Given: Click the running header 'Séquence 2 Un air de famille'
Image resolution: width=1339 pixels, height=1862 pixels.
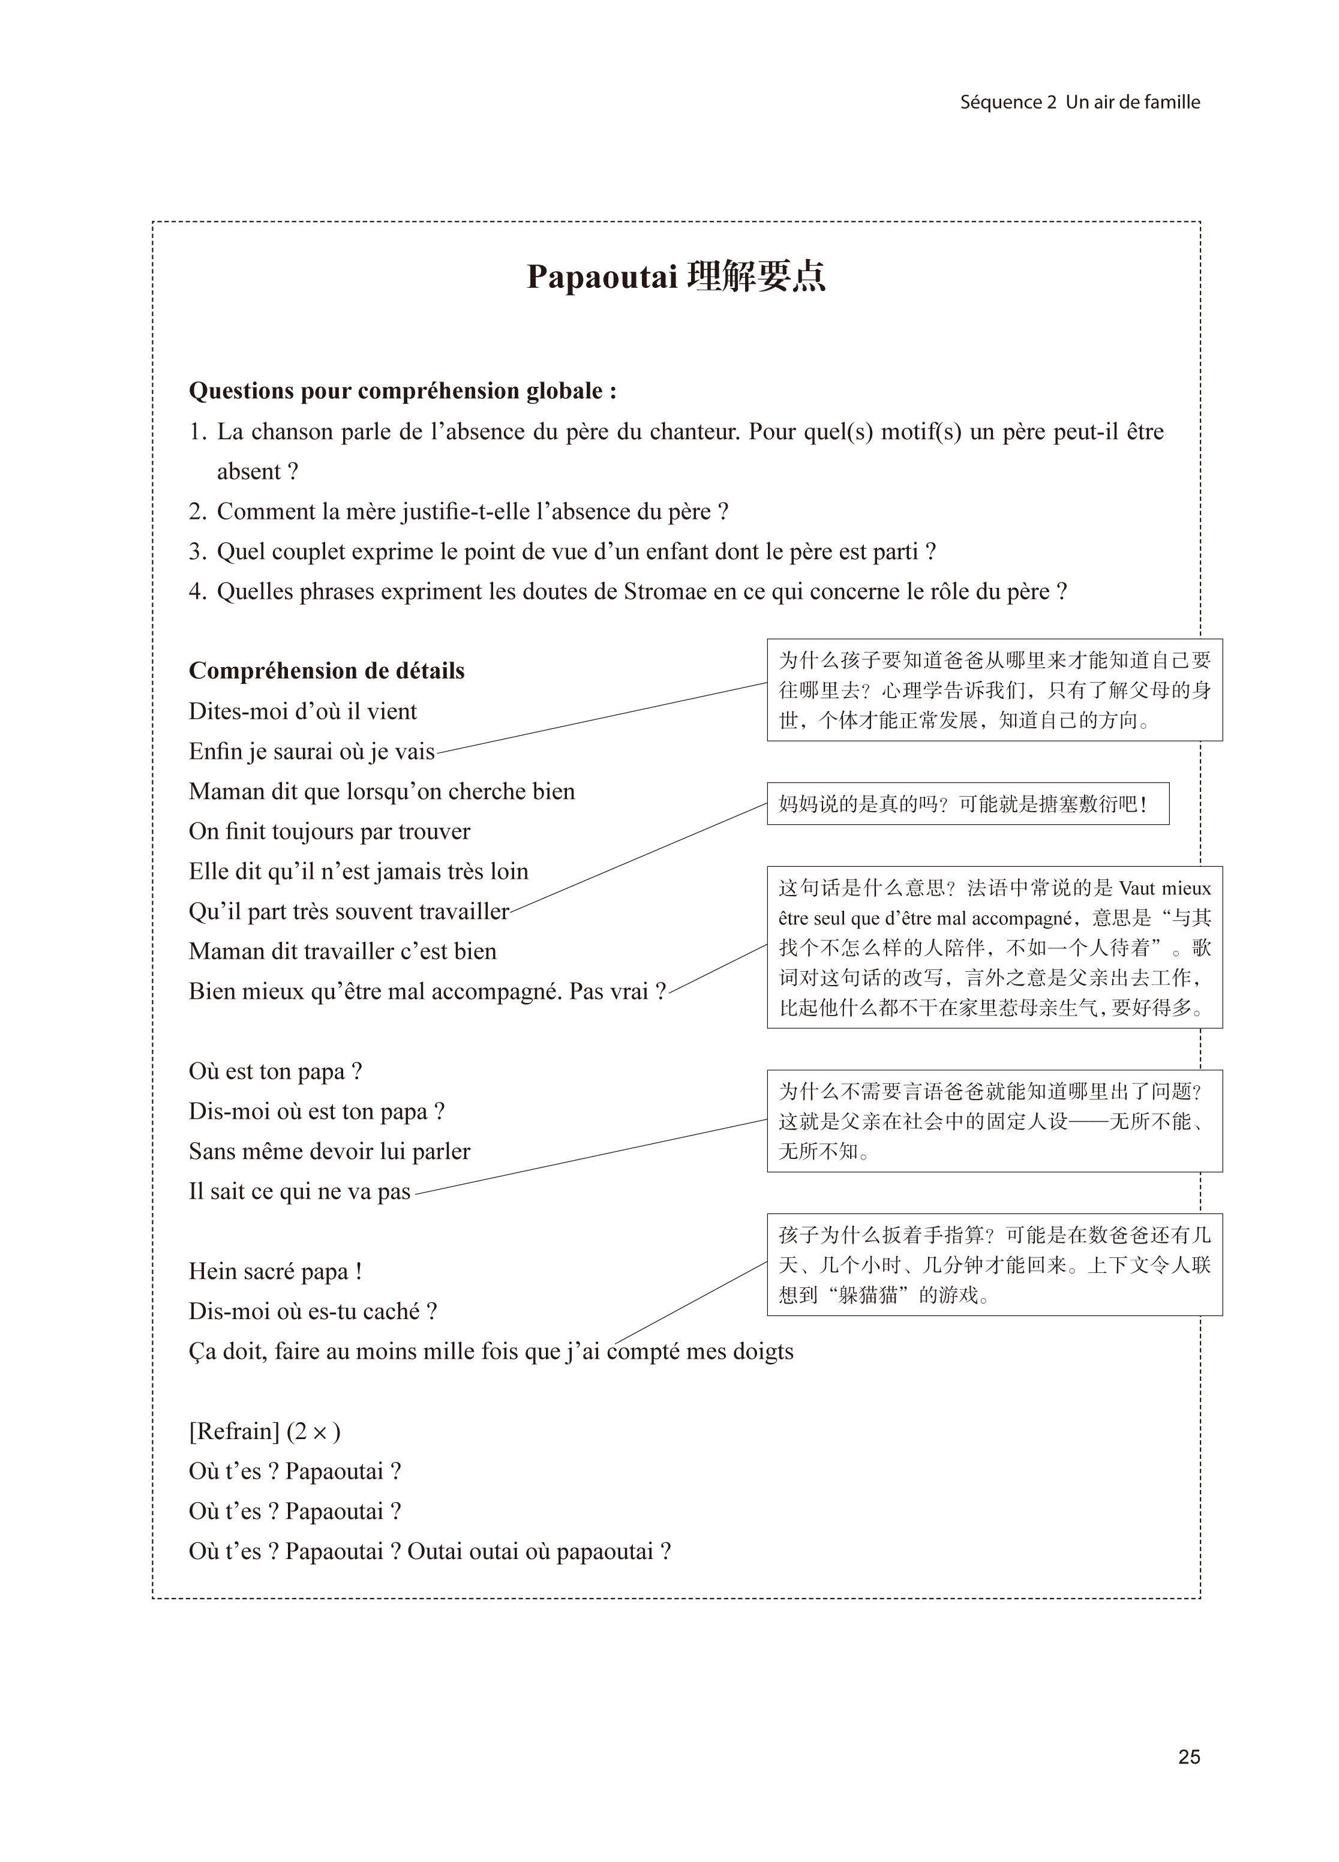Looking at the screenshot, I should point(1080,103).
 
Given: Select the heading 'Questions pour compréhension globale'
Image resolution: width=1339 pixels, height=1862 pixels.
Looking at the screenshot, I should point(403,391).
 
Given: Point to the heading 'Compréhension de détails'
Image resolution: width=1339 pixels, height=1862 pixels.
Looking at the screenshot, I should point(327,671).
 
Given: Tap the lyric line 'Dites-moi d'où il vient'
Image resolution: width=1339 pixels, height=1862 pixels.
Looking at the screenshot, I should point(303,711).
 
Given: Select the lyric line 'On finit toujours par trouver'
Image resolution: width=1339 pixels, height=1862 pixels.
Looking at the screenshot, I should point(329,831).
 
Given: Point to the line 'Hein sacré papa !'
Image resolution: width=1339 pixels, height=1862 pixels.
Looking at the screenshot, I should point(275,1271).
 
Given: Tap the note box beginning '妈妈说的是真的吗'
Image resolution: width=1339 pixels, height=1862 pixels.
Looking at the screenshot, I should point(967,804).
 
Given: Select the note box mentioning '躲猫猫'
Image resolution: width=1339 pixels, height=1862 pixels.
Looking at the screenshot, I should point(994,1265).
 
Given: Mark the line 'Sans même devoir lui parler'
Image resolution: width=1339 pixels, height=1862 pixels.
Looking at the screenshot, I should point(329,1151).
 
